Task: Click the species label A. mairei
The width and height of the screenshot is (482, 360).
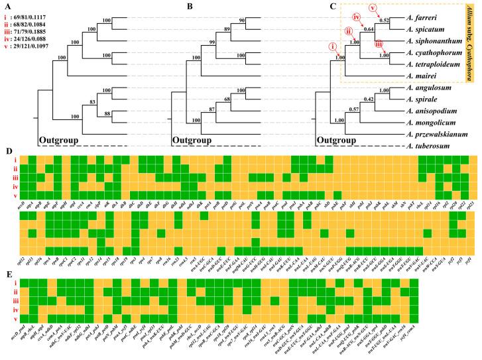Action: [426, 76]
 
